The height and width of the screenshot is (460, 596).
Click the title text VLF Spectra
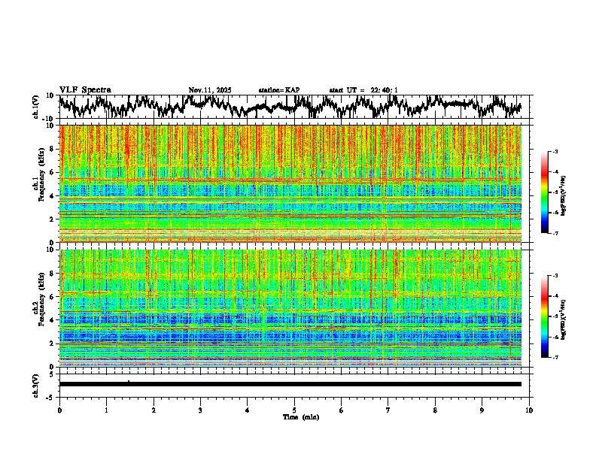(85, 89)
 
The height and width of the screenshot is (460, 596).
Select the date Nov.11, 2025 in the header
(210, 90)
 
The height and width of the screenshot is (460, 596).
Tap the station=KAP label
(279, 90)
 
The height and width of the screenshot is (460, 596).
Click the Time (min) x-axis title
(294, 416)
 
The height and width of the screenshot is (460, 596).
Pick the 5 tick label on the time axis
(294, 410)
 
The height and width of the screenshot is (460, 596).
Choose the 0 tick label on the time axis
(59, 410)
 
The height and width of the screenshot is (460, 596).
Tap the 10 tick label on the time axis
(529, 410)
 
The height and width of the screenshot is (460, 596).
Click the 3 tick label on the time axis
(200, 410)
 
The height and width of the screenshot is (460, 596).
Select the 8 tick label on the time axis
(435, 410)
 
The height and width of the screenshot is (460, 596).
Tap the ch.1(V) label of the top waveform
(36, 107)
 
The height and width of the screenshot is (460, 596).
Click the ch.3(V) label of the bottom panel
(36, 383)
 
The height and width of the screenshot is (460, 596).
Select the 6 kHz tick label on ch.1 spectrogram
(53, 172)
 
